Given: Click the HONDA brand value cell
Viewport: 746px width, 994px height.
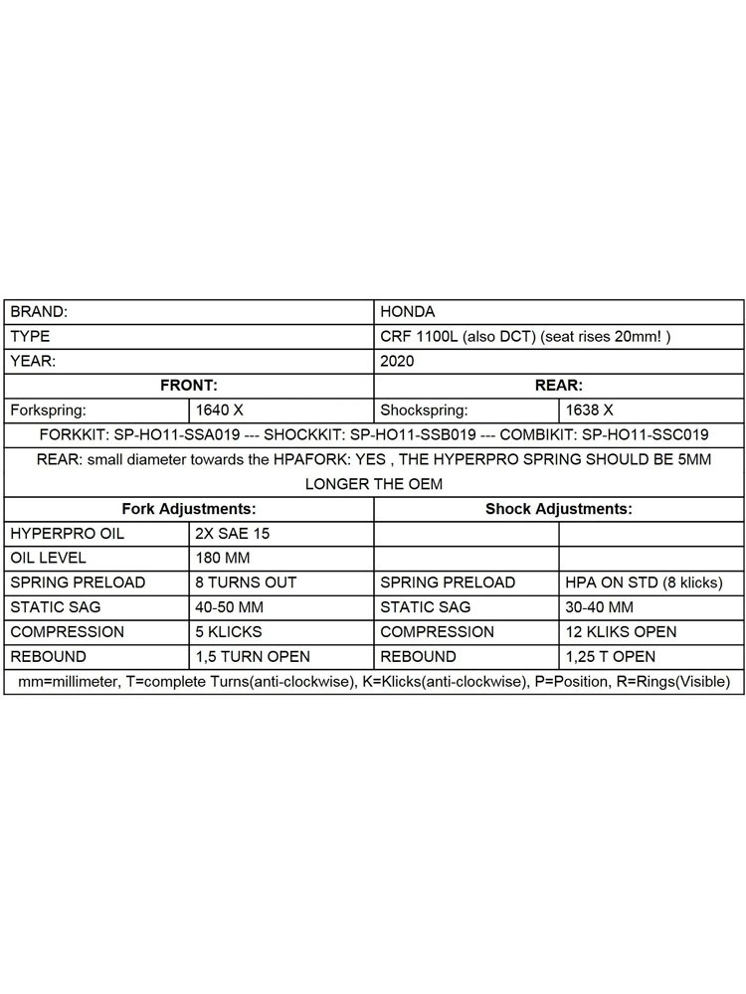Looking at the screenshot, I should [408, 312].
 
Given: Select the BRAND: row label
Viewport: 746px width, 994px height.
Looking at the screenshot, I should [40, 312].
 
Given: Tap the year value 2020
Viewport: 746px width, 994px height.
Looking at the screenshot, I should [398, 361].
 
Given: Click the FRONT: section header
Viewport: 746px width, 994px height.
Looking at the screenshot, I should [189, 386].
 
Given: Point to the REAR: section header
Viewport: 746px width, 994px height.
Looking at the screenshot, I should [559, 386].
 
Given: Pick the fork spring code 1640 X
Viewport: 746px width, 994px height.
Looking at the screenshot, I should [219, 410].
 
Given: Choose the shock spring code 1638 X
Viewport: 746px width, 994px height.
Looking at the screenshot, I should [590, 410].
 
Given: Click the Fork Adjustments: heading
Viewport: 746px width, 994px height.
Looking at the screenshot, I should [189, 509].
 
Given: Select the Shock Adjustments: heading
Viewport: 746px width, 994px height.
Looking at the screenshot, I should [559, 509].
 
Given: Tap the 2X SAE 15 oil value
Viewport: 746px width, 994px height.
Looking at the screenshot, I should [233, 534].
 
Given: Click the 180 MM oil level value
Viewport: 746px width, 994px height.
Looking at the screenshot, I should [225, 558].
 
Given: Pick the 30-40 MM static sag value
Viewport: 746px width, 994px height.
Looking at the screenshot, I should [604, 607].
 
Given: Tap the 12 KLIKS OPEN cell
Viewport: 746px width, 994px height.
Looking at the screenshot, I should [621, 632].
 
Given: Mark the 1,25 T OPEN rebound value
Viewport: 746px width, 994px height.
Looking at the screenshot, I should [610, 657].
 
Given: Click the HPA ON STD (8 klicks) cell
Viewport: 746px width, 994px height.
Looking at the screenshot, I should [644, 582].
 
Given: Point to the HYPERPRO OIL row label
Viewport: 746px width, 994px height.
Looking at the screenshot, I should [68, 534].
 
